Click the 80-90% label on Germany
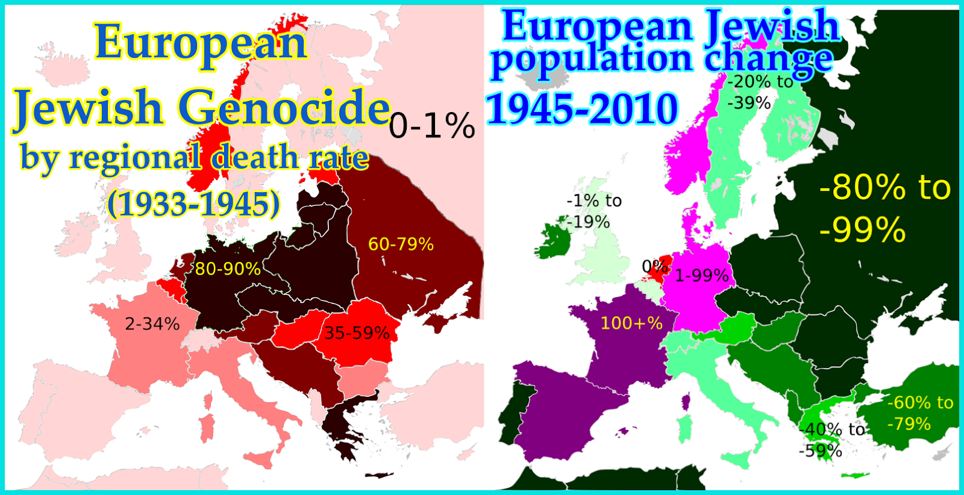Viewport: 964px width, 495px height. click(228, 269)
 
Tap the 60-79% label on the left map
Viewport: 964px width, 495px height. click(401, 244)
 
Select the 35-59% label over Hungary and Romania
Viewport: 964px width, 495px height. click(357, 333)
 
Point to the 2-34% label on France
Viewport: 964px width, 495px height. click(152, 324)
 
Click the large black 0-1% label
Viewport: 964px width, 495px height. click(432, 126)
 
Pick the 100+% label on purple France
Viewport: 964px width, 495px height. click(631, 323)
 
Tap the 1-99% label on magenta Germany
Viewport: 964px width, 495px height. click(702, 276)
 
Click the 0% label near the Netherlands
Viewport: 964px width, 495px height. click(653, 266)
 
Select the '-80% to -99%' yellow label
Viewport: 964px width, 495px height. click(884, 208)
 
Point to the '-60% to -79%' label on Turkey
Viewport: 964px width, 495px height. click(919, 413)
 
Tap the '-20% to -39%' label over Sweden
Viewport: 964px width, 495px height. click(759, 92)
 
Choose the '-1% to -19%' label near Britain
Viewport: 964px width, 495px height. click(593, 211)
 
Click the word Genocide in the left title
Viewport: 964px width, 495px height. click(284, 108)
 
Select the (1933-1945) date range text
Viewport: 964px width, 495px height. click(193, 205)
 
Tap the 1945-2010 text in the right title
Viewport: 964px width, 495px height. click(582, 109)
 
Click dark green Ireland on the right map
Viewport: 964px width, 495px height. click(550, 241)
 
